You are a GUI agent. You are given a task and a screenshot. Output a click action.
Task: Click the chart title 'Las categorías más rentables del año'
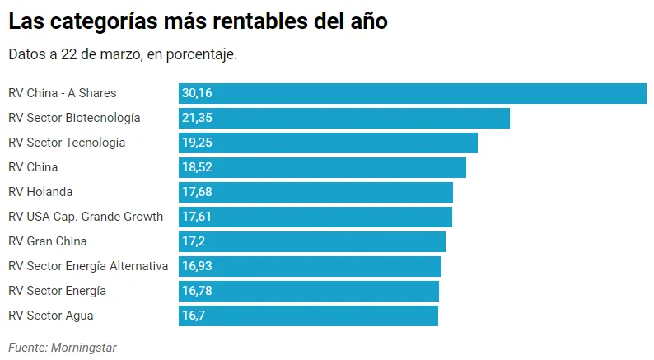pyautogui.click(x=198, y=22)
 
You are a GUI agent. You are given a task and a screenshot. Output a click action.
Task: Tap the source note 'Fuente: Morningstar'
pyautogui.click(x=63, y=348)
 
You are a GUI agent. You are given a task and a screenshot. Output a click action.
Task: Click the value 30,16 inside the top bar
pyautogui.click(x=197, y=93)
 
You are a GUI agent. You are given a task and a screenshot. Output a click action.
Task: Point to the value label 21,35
pyautogui.click(x=197, y=118)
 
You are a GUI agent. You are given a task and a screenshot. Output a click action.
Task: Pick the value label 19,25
pyautogui.click(x=197, y=143)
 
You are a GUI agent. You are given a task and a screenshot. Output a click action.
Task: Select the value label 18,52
pyautogui.click(x=197, y=167)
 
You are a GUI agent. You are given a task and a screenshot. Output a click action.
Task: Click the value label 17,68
pyautogui.click(x=197, y=192)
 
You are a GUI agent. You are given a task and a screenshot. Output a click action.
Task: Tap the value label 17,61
pyautogui.click(x=197, y=217)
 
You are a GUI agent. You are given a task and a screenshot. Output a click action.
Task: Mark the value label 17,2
pyautogui.click(x=194, y=241)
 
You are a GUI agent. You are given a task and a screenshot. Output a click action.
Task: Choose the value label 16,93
pyautogui.click(x=197, y=266)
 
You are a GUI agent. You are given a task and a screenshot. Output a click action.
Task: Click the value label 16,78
pyautogui.click(x=197, y=291)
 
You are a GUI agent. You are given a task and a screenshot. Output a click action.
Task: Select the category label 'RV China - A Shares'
pyautogui.click(x=63, y=93)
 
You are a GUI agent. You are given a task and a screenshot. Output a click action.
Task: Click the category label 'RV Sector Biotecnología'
pyautogui.click(x=74, y=118)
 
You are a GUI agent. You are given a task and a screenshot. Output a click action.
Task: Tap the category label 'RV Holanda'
pyautogui.click(x=40, y=192)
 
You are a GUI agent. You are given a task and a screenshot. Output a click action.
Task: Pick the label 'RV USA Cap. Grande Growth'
pyautogui.click(x=86, y=217)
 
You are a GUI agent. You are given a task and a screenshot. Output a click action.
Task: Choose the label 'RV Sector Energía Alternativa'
pyautogui.click(x=88, y=266)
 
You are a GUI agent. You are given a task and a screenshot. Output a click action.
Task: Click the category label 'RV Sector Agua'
pyautogui.click(x=51, y=316)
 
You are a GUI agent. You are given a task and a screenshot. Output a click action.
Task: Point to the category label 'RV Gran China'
pyautogui.click(x=48, y=241)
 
